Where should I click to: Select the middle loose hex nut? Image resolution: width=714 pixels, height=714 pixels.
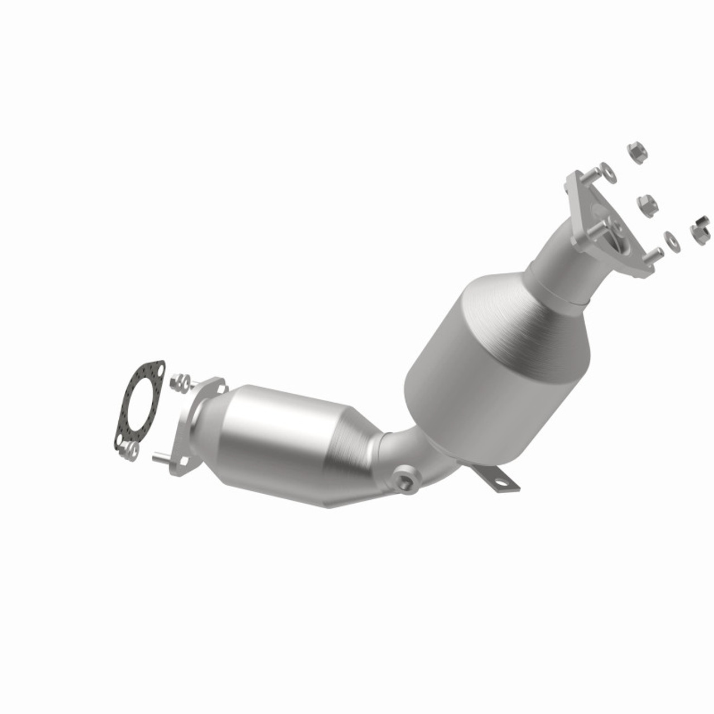pos(645,204)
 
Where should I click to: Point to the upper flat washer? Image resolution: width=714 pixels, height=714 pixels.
pos(609,173)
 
